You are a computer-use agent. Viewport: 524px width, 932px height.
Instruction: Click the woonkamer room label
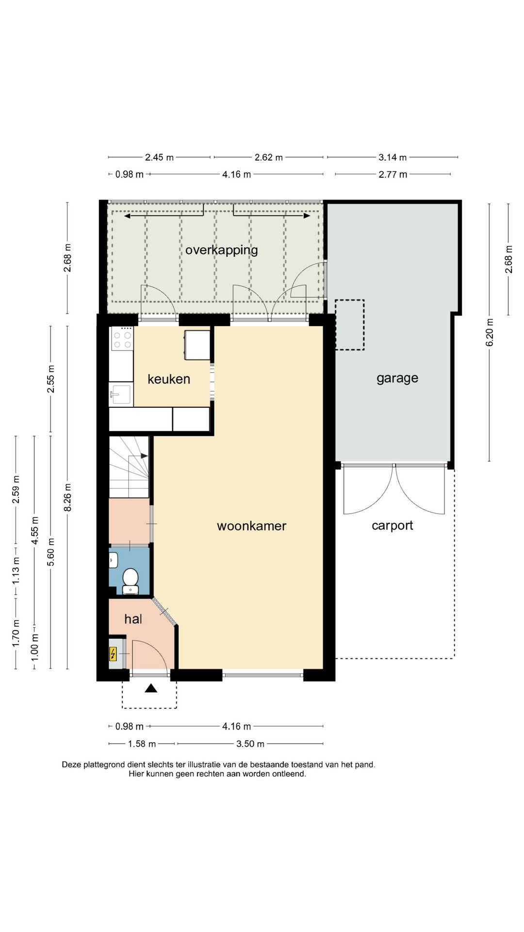coord(251,526)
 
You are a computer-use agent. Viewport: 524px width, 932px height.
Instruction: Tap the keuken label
coord(169,379)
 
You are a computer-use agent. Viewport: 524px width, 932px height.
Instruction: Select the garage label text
coord(397,378)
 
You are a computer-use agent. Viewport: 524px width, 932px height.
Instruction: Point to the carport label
coord(392,525)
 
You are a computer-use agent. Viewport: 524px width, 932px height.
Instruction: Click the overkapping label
coord(221,250)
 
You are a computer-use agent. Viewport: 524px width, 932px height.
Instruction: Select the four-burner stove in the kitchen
coord(122,338)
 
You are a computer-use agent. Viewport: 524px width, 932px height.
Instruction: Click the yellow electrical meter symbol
coord(113,655)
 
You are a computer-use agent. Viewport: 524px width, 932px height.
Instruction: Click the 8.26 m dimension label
coord(68,497)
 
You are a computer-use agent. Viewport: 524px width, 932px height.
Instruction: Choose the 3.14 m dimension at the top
coord(392,157)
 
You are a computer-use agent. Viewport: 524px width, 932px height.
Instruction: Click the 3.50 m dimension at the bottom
coord(250,744)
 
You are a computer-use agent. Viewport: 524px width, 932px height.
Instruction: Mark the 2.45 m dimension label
coord(159,157)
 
